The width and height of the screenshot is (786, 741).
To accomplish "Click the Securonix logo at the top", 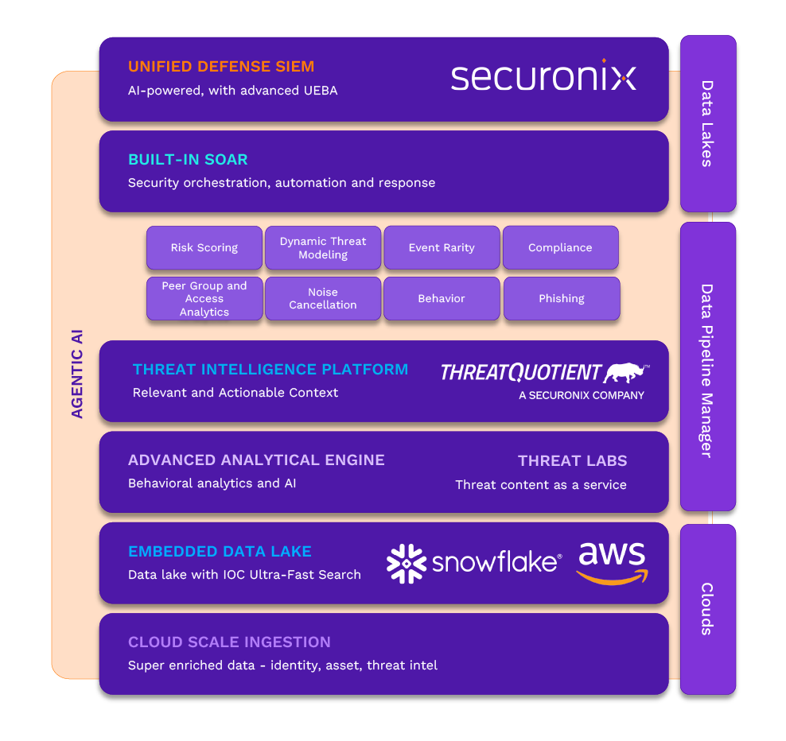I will click(543, 77).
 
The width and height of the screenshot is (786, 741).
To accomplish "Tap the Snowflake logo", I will click(474, 563).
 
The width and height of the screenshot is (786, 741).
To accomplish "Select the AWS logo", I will click(613, 563).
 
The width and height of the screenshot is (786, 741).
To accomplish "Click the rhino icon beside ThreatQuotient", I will click(626, 372).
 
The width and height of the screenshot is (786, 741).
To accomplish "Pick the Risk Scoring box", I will click(204, 248).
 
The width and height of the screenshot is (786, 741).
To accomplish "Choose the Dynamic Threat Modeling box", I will click(323, 248).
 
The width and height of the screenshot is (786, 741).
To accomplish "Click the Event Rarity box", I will click(442, 248).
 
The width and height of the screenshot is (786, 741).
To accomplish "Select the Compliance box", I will click(560, 248).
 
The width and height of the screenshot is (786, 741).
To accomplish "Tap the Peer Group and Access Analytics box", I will click(204, 299).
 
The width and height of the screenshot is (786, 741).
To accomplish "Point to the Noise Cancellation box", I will click(323, 299).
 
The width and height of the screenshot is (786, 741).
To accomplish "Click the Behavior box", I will click(442, 299).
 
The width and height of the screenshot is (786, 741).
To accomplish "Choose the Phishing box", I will click(562, 299).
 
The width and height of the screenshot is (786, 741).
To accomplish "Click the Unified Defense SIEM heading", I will click(221, 67).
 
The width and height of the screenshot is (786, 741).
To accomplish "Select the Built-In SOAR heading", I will click(188, 160).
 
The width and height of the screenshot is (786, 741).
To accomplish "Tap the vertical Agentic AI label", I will click(77, 374).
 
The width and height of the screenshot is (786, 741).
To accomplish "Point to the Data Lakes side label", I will click(707, 123).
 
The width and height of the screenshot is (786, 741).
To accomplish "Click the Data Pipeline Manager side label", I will click(707, 370).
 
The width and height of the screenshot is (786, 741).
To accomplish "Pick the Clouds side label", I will click(707, 608).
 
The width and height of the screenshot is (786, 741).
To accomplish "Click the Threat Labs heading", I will click(572, 461).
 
